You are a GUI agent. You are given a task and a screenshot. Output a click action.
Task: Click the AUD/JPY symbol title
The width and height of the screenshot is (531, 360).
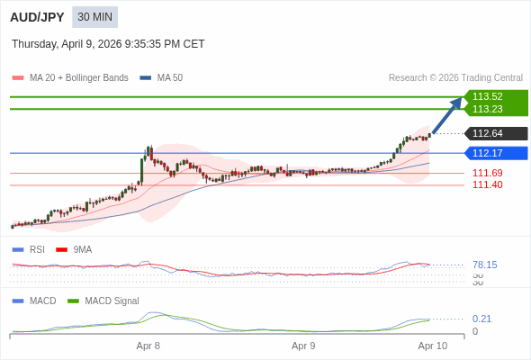[37, 17]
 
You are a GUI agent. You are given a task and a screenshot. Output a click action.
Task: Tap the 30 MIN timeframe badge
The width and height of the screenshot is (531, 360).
[94, 17]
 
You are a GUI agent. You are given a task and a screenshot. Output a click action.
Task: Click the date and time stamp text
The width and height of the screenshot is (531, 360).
[108, 43]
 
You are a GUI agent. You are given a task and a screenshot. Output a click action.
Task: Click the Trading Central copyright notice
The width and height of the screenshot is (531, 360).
[455, 78]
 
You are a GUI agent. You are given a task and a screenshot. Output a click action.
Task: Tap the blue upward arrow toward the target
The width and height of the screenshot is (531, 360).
[447, 115]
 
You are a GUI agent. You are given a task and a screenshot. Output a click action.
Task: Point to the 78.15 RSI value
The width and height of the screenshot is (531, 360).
[485, 265]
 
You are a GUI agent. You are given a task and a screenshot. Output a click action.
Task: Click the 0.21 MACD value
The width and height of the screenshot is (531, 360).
[481, 319]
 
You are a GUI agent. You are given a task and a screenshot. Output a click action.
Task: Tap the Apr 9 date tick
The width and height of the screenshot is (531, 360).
[304, 346]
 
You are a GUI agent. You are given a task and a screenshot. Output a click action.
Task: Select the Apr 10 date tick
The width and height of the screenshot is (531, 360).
[433, 346]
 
